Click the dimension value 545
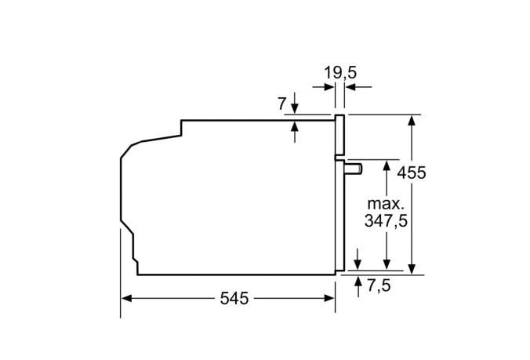coord(234,299)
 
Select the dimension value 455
coord(411,173)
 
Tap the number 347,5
coord(386,221)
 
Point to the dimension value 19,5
coord(340,73)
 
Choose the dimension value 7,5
coord(378,285)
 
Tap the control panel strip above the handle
coord(340,135)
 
